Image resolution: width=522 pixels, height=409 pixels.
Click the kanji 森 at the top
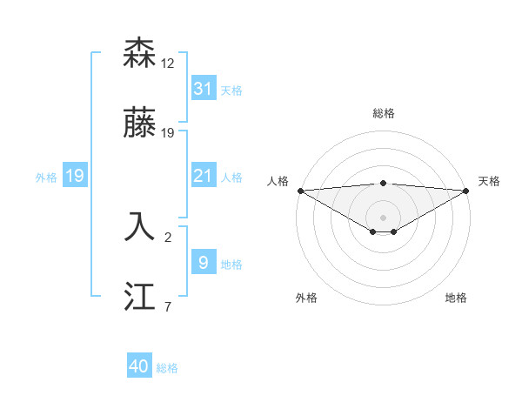(x=141, y=54)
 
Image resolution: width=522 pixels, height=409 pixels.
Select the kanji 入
(x=141, y=226)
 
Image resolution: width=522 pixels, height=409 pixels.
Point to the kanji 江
(x=141, y=298)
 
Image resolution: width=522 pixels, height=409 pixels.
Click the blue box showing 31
(x=203, y=89)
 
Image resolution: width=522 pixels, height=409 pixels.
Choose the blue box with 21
(x=203, y=176)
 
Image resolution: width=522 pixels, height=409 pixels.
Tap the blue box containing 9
(x=203, y=262)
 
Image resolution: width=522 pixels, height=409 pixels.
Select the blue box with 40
(x=139, y=366)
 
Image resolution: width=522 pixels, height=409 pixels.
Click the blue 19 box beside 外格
(x=74, y=176)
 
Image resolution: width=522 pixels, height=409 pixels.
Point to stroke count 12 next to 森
(x=168, y=64)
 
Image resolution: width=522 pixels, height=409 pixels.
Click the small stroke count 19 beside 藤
(x=168, y=133)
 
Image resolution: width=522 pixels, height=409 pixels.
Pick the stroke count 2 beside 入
(x=168, y=236)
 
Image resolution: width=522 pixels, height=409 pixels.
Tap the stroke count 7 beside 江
(x=168, y=306)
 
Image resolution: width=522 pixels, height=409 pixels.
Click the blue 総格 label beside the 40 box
(x=167, y=368)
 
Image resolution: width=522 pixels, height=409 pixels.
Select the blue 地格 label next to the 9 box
(x=231, y=264)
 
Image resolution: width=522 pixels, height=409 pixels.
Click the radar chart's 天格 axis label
(x=490, y=181)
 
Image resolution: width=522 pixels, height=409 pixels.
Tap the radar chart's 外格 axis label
(x=306, y=298)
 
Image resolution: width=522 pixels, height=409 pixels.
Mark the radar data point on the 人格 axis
(x=299, y=190)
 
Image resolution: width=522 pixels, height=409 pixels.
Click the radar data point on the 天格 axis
(x=467, y=190)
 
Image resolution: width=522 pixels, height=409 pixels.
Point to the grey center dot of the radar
(x=383, y=217)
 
